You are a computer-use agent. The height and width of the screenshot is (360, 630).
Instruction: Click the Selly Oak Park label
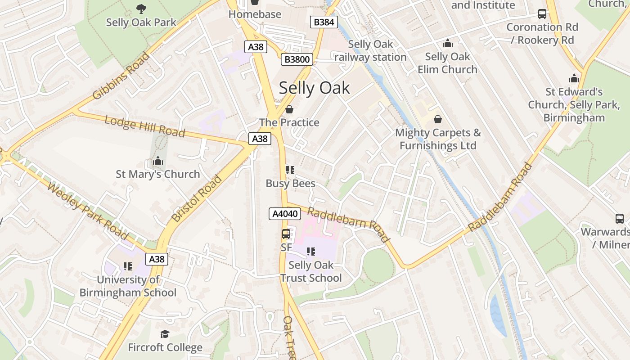tap(141, 22)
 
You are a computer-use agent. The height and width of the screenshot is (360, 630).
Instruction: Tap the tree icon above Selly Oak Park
tap(141, 8)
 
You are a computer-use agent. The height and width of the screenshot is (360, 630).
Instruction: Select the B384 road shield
tap(324, 22)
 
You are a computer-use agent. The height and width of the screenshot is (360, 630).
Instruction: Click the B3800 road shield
tap(297, 59)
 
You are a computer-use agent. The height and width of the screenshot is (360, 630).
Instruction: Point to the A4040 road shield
tap(285, 213)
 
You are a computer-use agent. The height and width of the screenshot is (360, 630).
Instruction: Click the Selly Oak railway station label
tap(370, 51)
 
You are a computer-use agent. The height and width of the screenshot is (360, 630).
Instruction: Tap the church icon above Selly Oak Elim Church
tap(447, 43)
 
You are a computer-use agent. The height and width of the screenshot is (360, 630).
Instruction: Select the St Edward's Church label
tap(574, 105)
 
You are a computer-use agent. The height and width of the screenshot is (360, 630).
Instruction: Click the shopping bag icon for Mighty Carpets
tap(437, 119)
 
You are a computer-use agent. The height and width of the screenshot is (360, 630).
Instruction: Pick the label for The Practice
tap(289, 122)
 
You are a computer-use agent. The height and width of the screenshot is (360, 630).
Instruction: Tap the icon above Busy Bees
tap(290, 170)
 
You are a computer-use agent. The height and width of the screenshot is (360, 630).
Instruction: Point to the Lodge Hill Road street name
tap(144, 126)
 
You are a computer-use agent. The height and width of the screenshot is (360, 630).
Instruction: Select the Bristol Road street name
tap(197, 198)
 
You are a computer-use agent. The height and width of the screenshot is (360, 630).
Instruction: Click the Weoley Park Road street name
tap(87, 211)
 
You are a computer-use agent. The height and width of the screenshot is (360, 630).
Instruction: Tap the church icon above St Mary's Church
tap(157, 161)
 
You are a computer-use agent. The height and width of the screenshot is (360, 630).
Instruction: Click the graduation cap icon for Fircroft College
tap(165, 334)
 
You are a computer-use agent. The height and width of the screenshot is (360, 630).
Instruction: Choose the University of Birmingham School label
tap(128, 286)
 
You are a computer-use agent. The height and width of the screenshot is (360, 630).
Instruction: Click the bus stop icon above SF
tap(286, 234)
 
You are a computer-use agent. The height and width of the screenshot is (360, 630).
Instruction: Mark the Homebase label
tap(255, 14)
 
